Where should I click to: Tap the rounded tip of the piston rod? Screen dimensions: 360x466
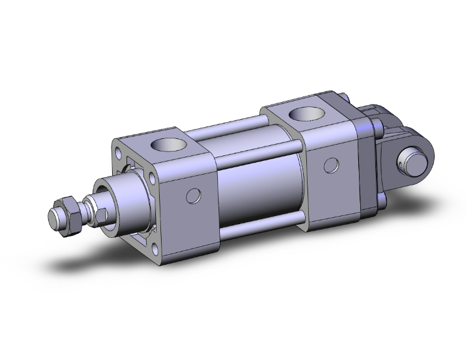(x=54, y=219)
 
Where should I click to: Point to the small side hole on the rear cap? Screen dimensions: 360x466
(x=333, y=165)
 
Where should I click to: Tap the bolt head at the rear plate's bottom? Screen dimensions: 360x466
(x=381, y=202)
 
